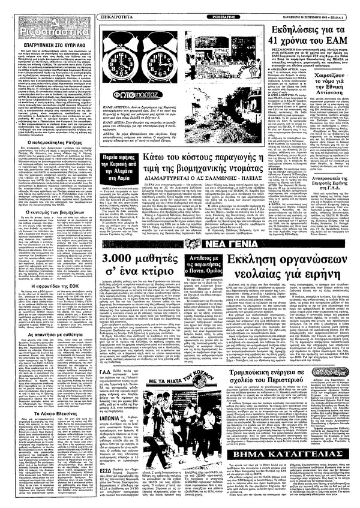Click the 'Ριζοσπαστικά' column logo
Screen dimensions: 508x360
point(37,29)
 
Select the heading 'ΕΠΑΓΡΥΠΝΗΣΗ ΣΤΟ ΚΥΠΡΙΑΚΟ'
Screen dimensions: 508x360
point(41,45)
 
